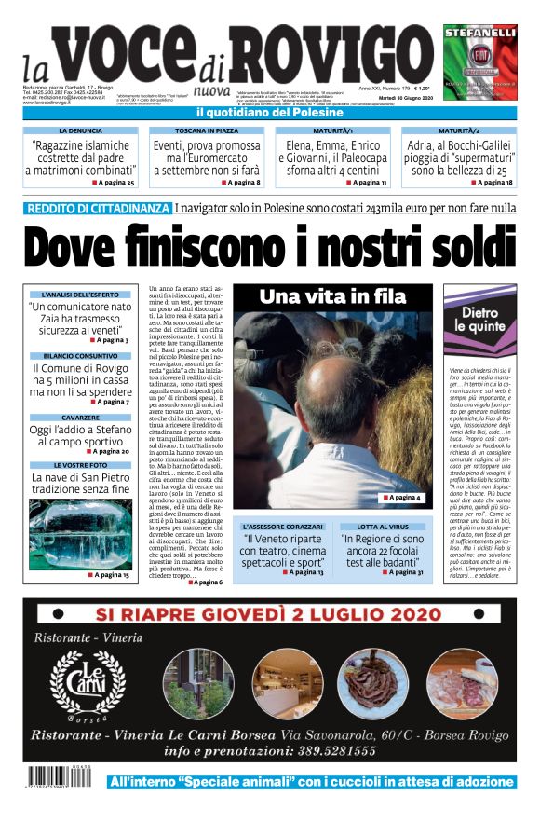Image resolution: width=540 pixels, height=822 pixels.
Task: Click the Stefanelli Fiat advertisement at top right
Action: point(479,62)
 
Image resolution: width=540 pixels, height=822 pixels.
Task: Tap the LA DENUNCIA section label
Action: point(81,132)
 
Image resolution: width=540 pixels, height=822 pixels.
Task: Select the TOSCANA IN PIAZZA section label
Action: point(208,132)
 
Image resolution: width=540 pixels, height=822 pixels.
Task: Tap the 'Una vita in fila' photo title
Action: point(332,296)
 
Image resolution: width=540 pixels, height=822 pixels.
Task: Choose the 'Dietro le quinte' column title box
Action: point(480,320)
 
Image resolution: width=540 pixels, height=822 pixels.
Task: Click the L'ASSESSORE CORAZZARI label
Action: point(282,527)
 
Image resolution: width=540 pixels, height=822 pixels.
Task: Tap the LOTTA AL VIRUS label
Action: point(383,527)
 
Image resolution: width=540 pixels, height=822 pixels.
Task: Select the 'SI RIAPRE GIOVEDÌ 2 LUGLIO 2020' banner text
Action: point(269,614)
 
